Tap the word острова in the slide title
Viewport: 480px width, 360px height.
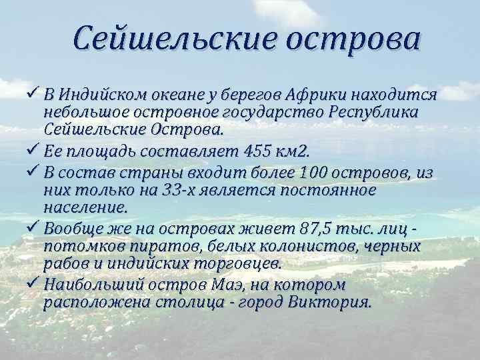pos(353,39)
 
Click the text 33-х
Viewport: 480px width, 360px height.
pos(179,191)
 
